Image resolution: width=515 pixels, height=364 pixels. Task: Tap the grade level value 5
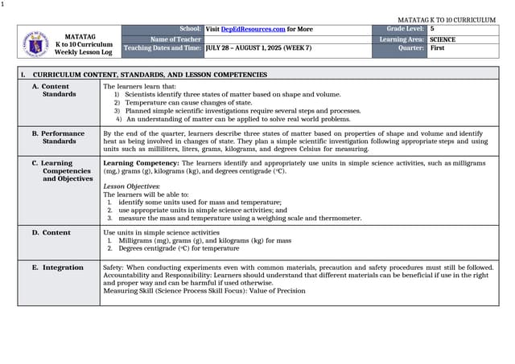[432, 29]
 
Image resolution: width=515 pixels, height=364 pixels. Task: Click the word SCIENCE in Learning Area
[443, 39]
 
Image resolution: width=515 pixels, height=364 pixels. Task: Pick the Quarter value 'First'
[437, 48]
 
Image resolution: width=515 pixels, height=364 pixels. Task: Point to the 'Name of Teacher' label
[175, 39]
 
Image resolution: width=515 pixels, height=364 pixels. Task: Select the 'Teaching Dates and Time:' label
[163, 48]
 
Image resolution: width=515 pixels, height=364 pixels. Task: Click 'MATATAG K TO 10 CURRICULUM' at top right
[447, 19]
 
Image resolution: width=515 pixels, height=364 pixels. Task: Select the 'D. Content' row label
[56, 232]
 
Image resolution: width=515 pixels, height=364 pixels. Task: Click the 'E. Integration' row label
[62, 268]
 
